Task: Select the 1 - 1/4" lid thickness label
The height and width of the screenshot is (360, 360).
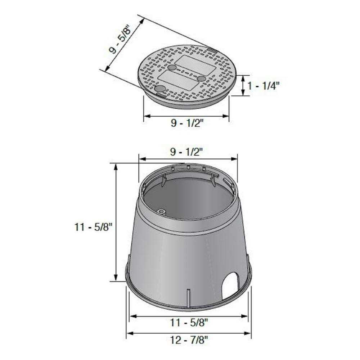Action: tap(263, 86)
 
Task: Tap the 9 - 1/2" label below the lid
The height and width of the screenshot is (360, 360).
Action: tap(187, 123)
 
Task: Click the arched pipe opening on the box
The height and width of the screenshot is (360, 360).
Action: tap(230, 285)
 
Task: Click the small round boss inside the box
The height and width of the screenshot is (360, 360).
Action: tap(162, 212)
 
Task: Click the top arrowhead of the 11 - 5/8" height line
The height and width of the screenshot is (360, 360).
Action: tap(116, 166)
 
